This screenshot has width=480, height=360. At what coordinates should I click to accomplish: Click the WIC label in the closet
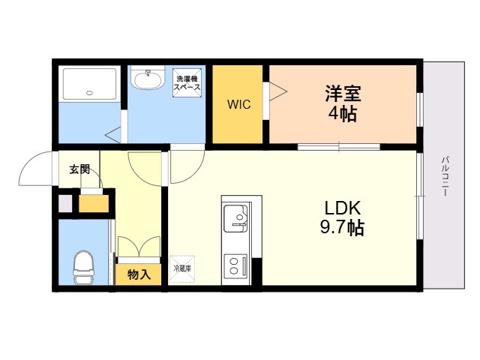point(238,104)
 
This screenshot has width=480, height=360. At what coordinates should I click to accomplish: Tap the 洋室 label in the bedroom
point(343,94)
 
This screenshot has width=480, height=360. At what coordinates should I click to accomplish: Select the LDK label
point(343,208)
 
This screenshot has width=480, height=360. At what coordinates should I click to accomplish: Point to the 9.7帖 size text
point(342,227)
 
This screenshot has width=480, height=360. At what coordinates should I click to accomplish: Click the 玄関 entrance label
point(79,169)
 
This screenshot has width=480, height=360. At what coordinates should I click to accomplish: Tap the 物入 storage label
point(139,274)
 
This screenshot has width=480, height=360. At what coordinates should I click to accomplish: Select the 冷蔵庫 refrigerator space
point(182,268)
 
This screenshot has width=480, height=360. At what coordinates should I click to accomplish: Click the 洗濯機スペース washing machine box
point(187,82)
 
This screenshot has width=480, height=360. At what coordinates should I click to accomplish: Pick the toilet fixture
point(83,267)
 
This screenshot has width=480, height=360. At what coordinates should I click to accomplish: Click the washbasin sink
point(147,78)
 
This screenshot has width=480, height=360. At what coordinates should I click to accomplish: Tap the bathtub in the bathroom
point(89,83)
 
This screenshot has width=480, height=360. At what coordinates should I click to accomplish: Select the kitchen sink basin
point(235,218)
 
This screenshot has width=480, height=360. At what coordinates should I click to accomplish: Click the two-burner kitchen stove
point(235,266)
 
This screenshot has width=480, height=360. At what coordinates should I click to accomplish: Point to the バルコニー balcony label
point(445,176)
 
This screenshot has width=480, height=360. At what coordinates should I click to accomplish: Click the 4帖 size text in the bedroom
point(343,114)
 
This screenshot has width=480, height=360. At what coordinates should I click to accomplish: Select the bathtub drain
point(89,93)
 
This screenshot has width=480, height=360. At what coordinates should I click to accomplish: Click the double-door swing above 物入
point(139,247)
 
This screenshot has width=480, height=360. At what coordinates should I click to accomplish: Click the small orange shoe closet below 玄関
point(94,203)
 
